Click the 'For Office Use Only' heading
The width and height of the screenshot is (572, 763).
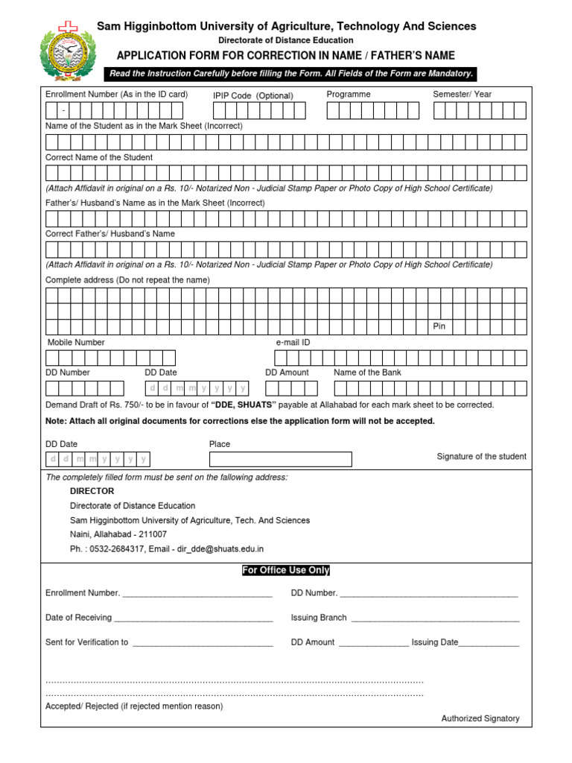pos(285,570)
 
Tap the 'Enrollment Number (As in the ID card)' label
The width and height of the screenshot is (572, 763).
pos(116,95)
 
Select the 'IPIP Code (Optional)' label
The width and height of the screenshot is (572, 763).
pos(252,95)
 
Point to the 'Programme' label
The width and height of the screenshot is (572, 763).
pos(348,95)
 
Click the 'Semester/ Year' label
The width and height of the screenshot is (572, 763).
pos(462,95)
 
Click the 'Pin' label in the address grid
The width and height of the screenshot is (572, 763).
pos(439,326)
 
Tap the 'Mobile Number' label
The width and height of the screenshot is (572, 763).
pos(76,342)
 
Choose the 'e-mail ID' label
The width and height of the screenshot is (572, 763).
pos(293,342)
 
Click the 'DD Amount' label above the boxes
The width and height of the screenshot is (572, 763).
pos(287,372)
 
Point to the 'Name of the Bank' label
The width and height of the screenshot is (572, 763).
pos(367,372)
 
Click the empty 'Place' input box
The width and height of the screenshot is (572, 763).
pos(280,459)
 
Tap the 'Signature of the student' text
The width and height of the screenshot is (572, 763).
pos(481,456)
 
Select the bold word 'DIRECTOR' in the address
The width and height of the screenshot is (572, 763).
pos(92,491)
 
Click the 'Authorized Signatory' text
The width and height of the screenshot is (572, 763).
pos(480,718)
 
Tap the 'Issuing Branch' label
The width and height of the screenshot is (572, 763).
pos(319,618)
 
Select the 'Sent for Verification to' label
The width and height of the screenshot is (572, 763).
pos(86,642)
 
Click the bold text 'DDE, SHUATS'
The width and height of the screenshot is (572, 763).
pos(244,405)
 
